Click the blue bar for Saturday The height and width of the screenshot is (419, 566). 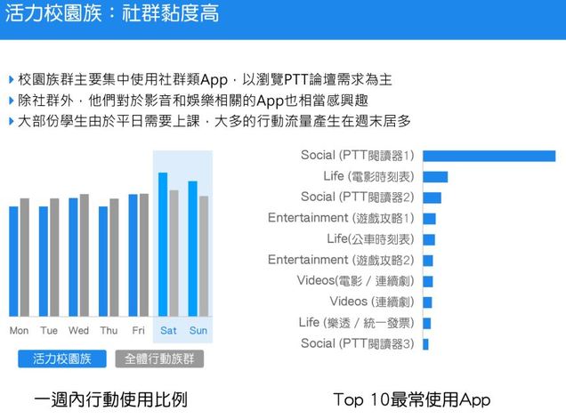pyautogui.click(x=163, y=244)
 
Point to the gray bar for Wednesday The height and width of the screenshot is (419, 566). pyautogui.click(x=85, y=254)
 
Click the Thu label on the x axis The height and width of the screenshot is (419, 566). pyautogui.click(x=109, y=331)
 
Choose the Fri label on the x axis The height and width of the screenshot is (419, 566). pyautogui.click(x=139, y=331)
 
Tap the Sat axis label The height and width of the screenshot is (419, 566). pyautogui.click(x=168, y=331)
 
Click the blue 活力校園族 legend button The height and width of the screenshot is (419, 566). pyautogui.click(x=62, y=359)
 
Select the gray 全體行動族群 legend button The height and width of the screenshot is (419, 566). pyautogui.click(x=159, y=359)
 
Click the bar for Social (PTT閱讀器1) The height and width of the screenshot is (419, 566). pyautogui.click(x=489, y=156)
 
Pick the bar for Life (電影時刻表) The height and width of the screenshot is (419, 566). pyautogui.click(x=435, y=176)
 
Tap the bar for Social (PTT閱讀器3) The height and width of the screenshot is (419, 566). pyautogui.click(x=425, y=343)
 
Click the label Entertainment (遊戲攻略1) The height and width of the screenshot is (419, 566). pyautogui.click(x=341, y=218)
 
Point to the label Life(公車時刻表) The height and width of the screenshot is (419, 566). pyautogui.click(x=369, y=239)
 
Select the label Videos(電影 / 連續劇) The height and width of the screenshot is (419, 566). pyautogui.click(x=355, y=280)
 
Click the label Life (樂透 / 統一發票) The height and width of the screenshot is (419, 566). pyautogui.click(x=356, y=322)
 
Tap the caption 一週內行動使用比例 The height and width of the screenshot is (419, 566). pyautogui.click(x=111, y=400)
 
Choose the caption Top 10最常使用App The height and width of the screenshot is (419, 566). pyautogui.click(x=411, y=400)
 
